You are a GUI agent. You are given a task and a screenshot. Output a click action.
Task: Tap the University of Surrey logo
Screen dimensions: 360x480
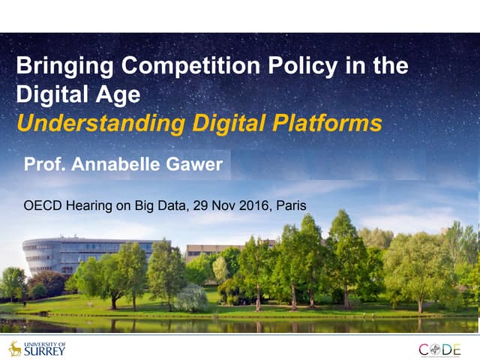click(37, 348)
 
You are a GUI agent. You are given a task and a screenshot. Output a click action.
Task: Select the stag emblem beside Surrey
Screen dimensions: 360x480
click(15, 348)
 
